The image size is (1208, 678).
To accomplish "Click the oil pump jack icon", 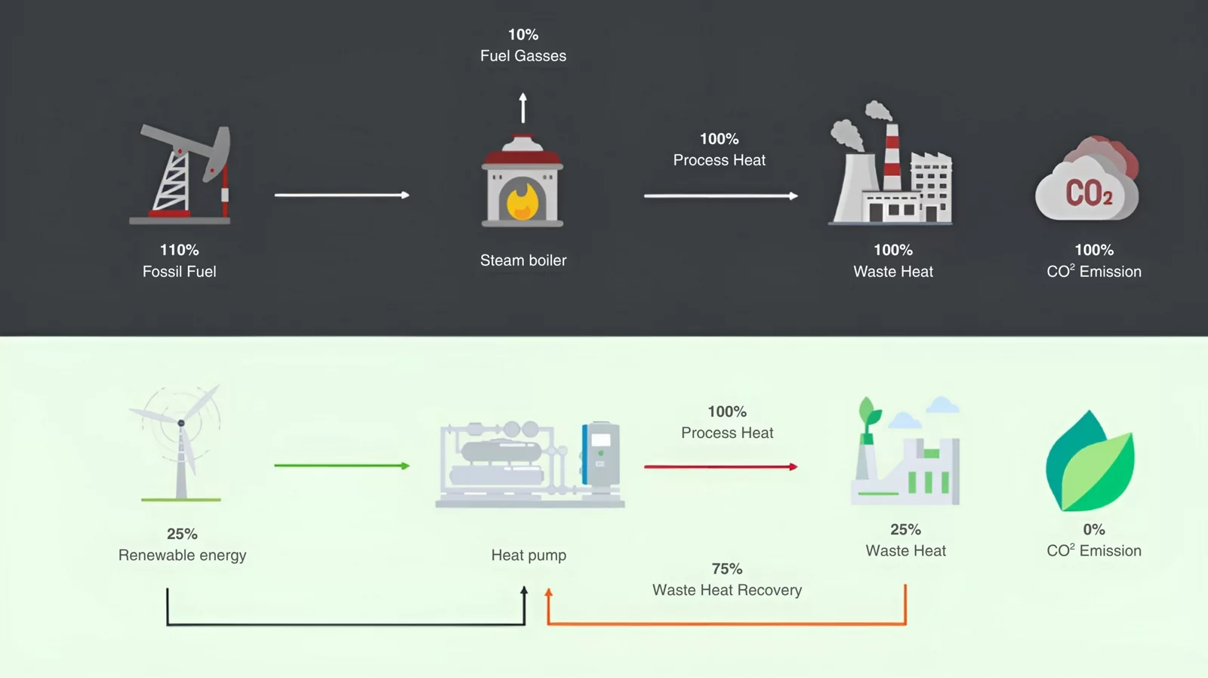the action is (180, 174).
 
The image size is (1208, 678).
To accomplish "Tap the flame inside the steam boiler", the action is (522, 201).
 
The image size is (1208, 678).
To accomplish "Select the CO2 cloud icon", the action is (1088, 178).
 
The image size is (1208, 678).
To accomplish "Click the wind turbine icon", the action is (180, 443).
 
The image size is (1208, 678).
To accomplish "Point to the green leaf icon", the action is (1090, 461).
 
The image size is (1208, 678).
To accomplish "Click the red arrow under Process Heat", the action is (720, 467).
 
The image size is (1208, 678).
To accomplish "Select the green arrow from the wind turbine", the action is (342, 466).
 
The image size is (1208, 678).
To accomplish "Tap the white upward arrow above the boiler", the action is (522, 108).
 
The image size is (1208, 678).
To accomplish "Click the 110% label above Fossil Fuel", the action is (180, 250).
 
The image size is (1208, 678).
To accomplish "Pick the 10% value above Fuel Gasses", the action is (523, 35).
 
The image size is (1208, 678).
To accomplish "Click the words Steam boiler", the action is (523, 260).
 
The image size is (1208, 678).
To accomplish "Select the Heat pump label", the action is (528, 556).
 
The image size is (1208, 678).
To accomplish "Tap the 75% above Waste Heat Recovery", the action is (727, 569).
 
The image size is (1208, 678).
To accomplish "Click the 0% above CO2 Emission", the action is (1094, 530).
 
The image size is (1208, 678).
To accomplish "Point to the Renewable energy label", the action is (182, 556).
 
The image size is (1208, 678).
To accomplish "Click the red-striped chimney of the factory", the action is (892, 157).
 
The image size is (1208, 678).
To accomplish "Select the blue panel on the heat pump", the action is (584, 455).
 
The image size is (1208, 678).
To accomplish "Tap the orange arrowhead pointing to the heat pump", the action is (548, 592).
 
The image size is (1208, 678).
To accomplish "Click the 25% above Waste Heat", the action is (905, 530).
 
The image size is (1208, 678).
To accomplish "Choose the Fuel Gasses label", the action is (523, 56).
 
